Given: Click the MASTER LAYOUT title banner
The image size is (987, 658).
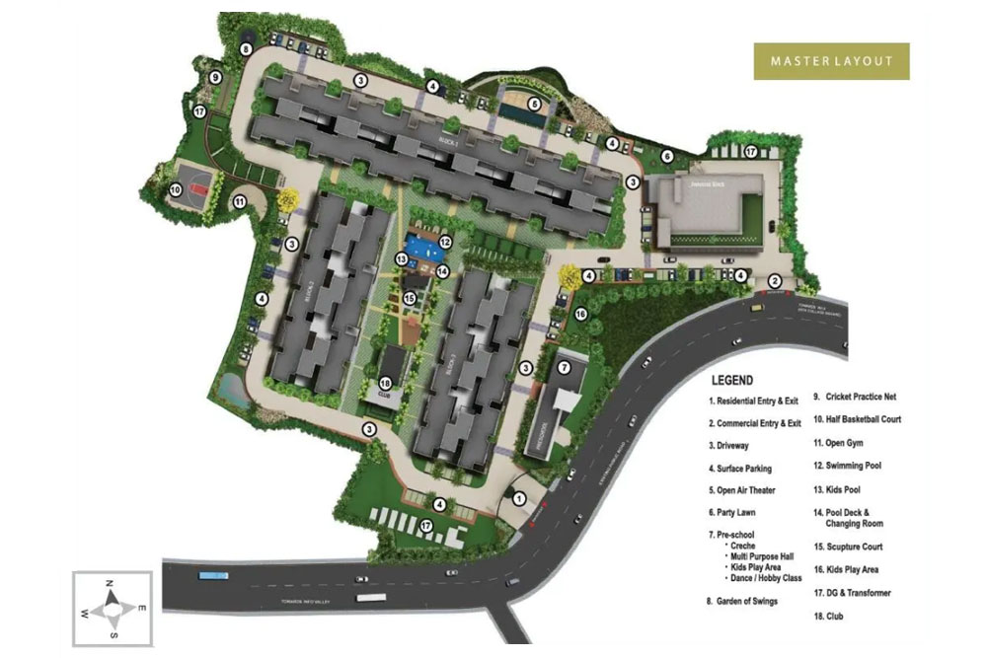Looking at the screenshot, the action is [x=831, y=61].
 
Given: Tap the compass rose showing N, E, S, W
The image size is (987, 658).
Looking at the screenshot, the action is [x=114, y=609].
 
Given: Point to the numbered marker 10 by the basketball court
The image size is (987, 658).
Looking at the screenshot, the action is [x=174, y=190].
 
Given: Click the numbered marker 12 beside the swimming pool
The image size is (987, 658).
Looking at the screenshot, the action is [x=445, y=242].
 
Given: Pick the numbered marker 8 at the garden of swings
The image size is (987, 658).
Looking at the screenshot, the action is [x=245, y=49].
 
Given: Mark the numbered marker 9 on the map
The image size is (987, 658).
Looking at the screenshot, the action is [x=213, y=77].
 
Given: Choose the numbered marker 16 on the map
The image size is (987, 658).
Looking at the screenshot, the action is [x=580, y=314].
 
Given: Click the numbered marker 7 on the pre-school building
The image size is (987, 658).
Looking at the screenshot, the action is [x=564, y=368].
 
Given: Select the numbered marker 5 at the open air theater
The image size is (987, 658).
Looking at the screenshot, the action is [x=534, y=104].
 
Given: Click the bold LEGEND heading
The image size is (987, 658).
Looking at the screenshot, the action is [x=730, y=380].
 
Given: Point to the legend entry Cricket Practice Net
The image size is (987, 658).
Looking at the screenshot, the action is [x=854, y=397].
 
